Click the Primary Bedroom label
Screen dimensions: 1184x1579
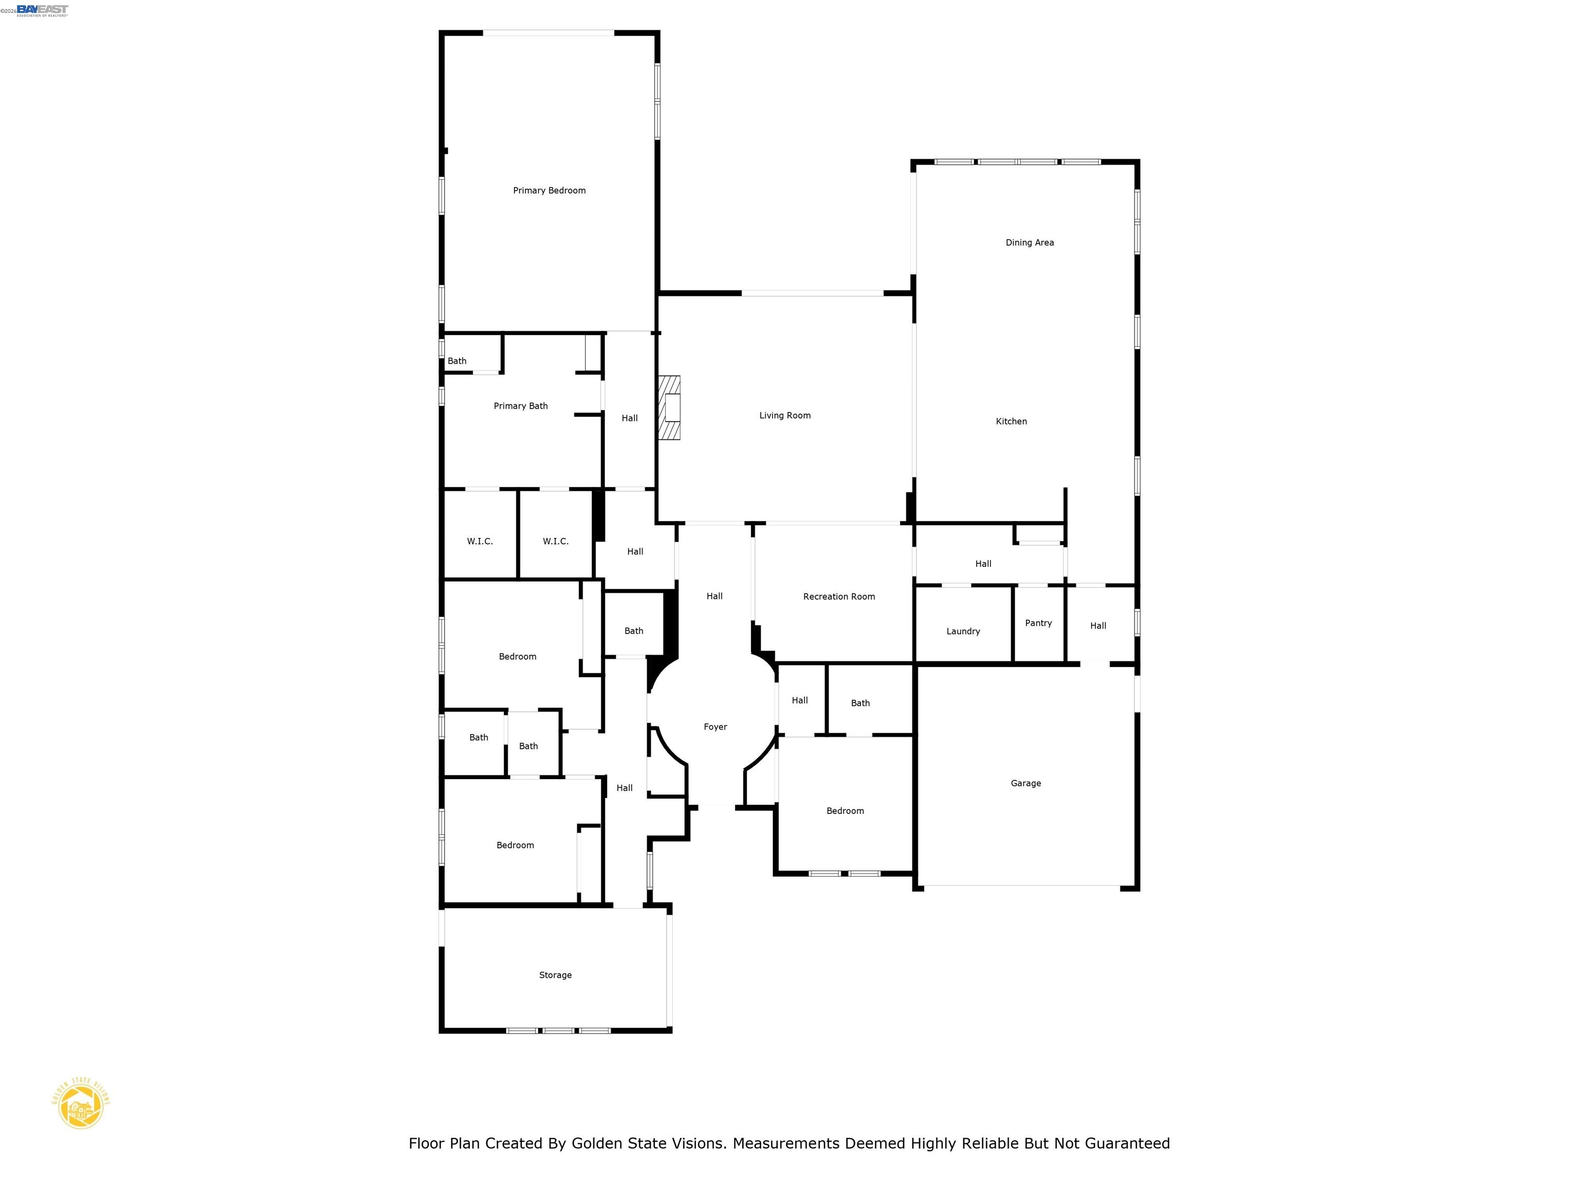click(x=549, y=191)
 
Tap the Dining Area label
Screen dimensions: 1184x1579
click(x=1030, y=243)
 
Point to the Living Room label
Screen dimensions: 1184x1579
click(x=784, y=415)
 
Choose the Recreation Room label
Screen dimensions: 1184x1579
click(x=839, y=597)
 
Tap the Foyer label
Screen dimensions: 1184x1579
click(x=715, y=727)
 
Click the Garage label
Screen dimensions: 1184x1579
click(x=1026, y=784)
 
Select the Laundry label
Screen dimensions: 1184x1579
click(x=963, y=632)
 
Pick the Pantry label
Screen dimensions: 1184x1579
click(x=1038, y=623)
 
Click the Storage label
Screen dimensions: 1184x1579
click(x=555, y=975)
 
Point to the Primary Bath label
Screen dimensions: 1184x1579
click(x=520, y=406)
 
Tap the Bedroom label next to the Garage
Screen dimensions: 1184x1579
click(x=845, y=811)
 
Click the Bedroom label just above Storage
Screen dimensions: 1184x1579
click(x=515, y=845)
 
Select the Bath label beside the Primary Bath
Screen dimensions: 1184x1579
click(x=457, y=361)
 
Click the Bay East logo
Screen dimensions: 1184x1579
click(x=42, y=10)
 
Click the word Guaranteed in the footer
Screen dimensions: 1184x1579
click(x=1127, y=1143)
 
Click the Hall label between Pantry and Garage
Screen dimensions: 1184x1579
click(x=1098, y=626)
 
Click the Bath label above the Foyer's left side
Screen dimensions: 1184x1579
click(x=634, y=631)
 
